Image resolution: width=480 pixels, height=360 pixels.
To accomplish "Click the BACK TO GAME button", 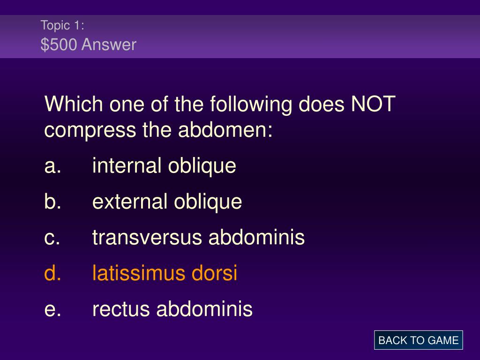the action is [418, 340].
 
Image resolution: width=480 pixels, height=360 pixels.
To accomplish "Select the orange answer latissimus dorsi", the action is [165, 273].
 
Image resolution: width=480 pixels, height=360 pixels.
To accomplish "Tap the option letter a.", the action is [52, 166].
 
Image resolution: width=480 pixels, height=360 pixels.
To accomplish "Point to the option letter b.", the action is [52, 202].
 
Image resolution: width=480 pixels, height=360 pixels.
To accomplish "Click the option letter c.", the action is [52, 238].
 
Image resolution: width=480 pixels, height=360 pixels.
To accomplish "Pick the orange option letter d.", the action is [52, 273].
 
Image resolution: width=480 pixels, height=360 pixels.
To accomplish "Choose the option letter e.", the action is [52, 309].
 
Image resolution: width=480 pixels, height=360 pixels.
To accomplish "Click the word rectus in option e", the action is [121, 309].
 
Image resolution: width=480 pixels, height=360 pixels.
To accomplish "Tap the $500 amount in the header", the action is [59, 45].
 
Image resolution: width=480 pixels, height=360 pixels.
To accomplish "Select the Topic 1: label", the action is [62, 25].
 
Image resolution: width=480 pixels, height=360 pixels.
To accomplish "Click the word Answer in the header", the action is [109, 45].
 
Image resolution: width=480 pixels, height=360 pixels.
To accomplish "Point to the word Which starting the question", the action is [74, 104].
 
